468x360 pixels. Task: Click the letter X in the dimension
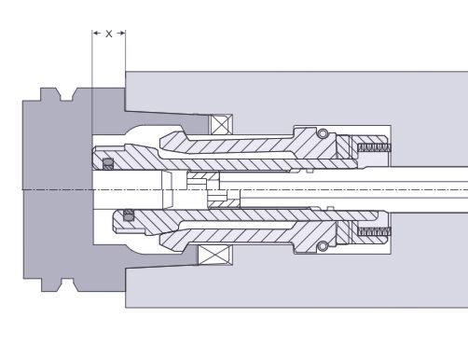[108, 34]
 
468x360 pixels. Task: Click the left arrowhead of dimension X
[96, 33]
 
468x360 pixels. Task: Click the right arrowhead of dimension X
[121, 33]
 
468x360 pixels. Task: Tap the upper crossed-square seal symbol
[220, 125]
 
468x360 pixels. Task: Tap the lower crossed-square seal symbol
[215, 255]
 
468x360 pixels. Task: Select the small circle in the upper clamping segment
[323, 133]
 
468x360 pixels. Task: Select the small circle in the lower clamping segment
[323, 246]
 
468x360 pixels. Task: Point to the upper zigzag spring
[374, 147]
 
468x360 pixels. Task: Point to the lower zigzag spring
[374, 231]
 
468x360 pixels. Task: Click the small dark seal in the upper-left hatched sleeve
[108, 163]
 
